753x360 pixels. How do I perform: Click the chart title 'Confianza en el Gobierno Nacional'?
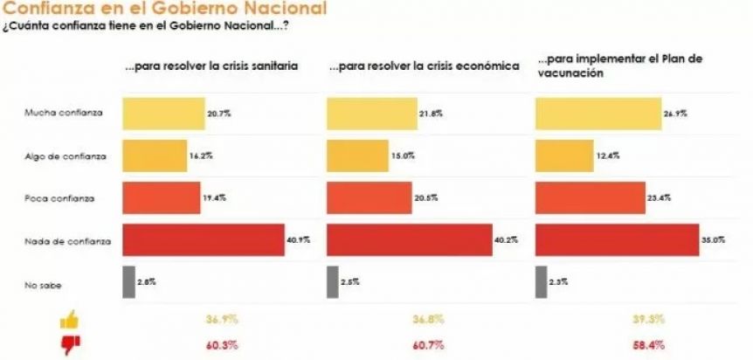(165, 9)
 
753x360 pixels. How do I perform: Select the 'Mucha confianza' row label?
(66, 114)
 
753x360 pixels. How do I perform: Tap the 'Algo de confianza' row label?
(66, 156)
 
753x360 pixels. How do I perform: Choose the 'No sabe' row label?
(44, 282)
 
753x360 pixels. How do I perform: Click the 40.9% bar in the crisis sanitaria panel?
(203, 240)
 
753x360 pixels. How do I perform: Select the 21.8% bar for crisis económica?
(368, 114)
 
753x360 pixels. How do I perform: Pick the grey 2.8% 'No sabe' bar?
(128, 282)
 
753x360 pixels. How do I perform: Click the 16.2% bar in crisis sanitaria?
(154, 156)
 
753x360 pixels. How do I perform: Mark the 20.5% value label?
(425, 198)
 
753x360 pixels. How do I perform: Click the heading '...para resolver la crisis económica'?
(423, 66)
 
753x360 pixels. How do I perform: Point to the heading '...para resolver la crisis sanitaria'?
(211, 66)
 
